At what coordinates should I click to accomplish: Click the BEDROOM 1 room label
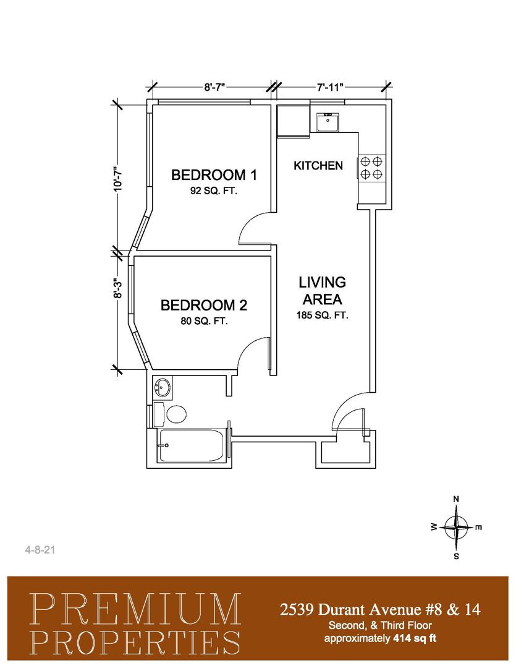(214, 174)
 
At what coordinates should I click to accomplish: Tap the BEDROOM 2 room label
(203, 306)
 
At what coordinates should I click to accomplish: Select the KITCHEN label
(318, 166)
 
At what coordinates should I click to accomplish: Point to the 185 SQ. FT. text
(323, 315)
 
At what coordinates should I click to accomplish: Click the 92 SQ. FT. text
(213, 191)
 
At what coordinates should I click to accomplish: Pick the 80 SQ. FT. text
(205, 321)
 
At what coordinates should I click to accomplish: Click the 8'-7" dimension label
(214, 88)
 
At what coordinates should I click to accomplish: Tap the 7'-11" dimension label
(329, 88)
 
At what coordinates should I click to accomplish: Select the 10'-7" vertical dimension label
(118, 178)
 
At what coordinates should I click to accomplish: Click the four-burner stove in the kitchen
(371, 168)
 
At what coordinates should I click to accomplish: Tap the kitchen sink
(328, 122)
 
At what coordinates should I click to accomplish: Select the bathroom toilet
(170, 414)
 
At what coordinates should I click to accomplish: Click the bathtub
(192, 445)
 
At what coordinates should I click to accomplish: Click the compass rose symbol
(456, 528)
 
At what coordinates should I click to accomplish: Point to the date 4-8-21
(40, 550)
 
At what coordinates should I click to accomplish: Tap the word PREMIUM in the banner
(135, 609)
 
